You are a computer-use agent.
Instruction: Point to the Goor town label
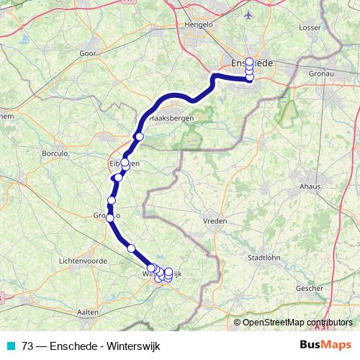tap(89, 53)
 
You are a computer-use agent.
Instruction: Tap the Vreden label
tap(215, 221)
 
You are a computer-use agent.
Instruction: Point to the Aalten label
tap(88, 312)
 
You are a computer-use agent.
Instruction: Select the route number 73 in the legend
tap(28, 344)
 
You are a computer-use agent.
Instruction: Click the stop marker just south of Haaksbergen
tap(140, 137)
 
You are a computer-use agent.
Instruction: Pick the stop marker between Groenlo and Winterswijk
tap(131, 248)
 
